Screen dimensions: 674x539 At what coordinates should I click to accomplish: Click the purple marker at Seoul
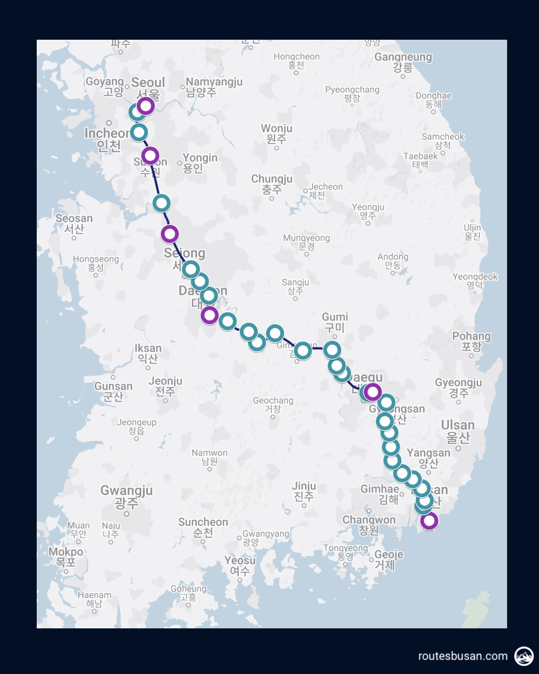click(146, 106)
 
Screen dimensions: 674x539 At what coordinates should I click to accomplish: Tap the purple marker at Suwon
click(150, 156)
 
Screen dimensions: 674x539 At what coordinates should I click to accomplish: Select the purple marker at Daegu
click(372, 392)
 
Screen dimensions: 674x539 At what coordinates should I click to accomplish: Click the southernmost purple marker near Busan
click(429, 521)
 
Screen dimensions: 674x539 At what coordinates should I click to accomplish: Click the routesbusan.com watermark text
click(463, 656)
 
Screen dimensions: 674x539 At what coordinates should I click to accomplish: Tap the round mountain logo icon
click(524, 656)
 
